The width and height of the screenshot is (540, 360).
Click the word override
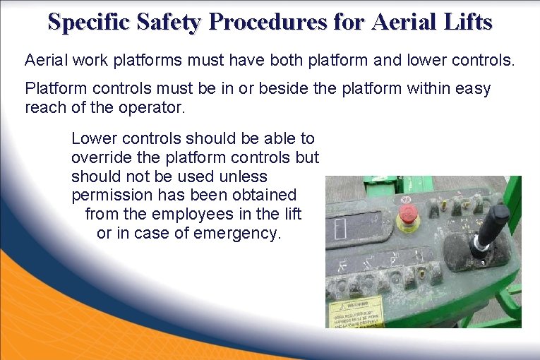pos(100,157)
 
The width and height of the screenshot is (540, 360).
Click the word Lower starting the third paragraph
pos(92,138)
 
